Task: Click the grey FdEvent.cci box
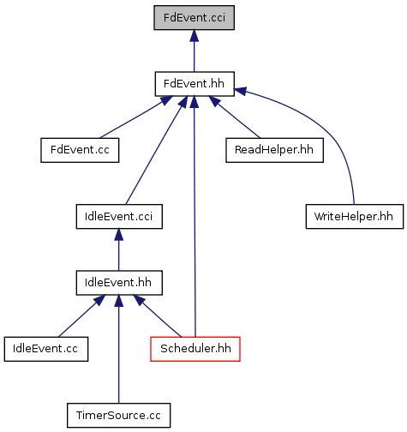pyautogui.click(x=195, y=18)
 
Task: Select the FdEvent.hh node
pyautogui.click(x=195, y=84)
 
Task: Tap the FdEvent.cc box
pyautogui.click(x=80, y=150)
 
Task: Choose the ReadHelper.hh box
pyautogui.click(x=274, y=150)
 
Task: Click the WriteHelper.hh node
pyautogui.click(x=355, y=217)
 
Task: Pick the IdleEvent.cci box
pyautogui.click(x=119, y=217)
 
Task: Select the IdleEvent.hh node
pyautogui.click(x=119, y=283)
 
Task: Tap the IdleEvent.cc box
pyautogui.click(x=46, y=349)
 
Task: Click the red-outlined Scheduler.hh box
pyautogui.click(x=195, y=349)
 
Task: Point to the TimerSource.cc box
pyautogui.click(x=119, y=416)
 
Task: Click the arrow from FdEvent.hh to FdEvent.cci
pyautogui.click(x=195, y=51)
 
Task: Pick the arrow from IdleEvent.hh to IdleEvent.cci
pyautogui.click(x=119, y=249)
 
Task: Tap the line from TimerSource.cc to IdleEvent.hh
pyautogui.click(x=119, y=349)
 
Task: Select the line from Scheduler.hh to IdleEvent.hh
pyautogui.click(x=157, y=316)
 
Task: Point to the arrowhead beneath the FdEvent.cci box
pyautogui.click(x=195, y=35)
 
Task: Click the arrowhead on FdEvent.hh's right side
pyautogui.click(x=240, y=91)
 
